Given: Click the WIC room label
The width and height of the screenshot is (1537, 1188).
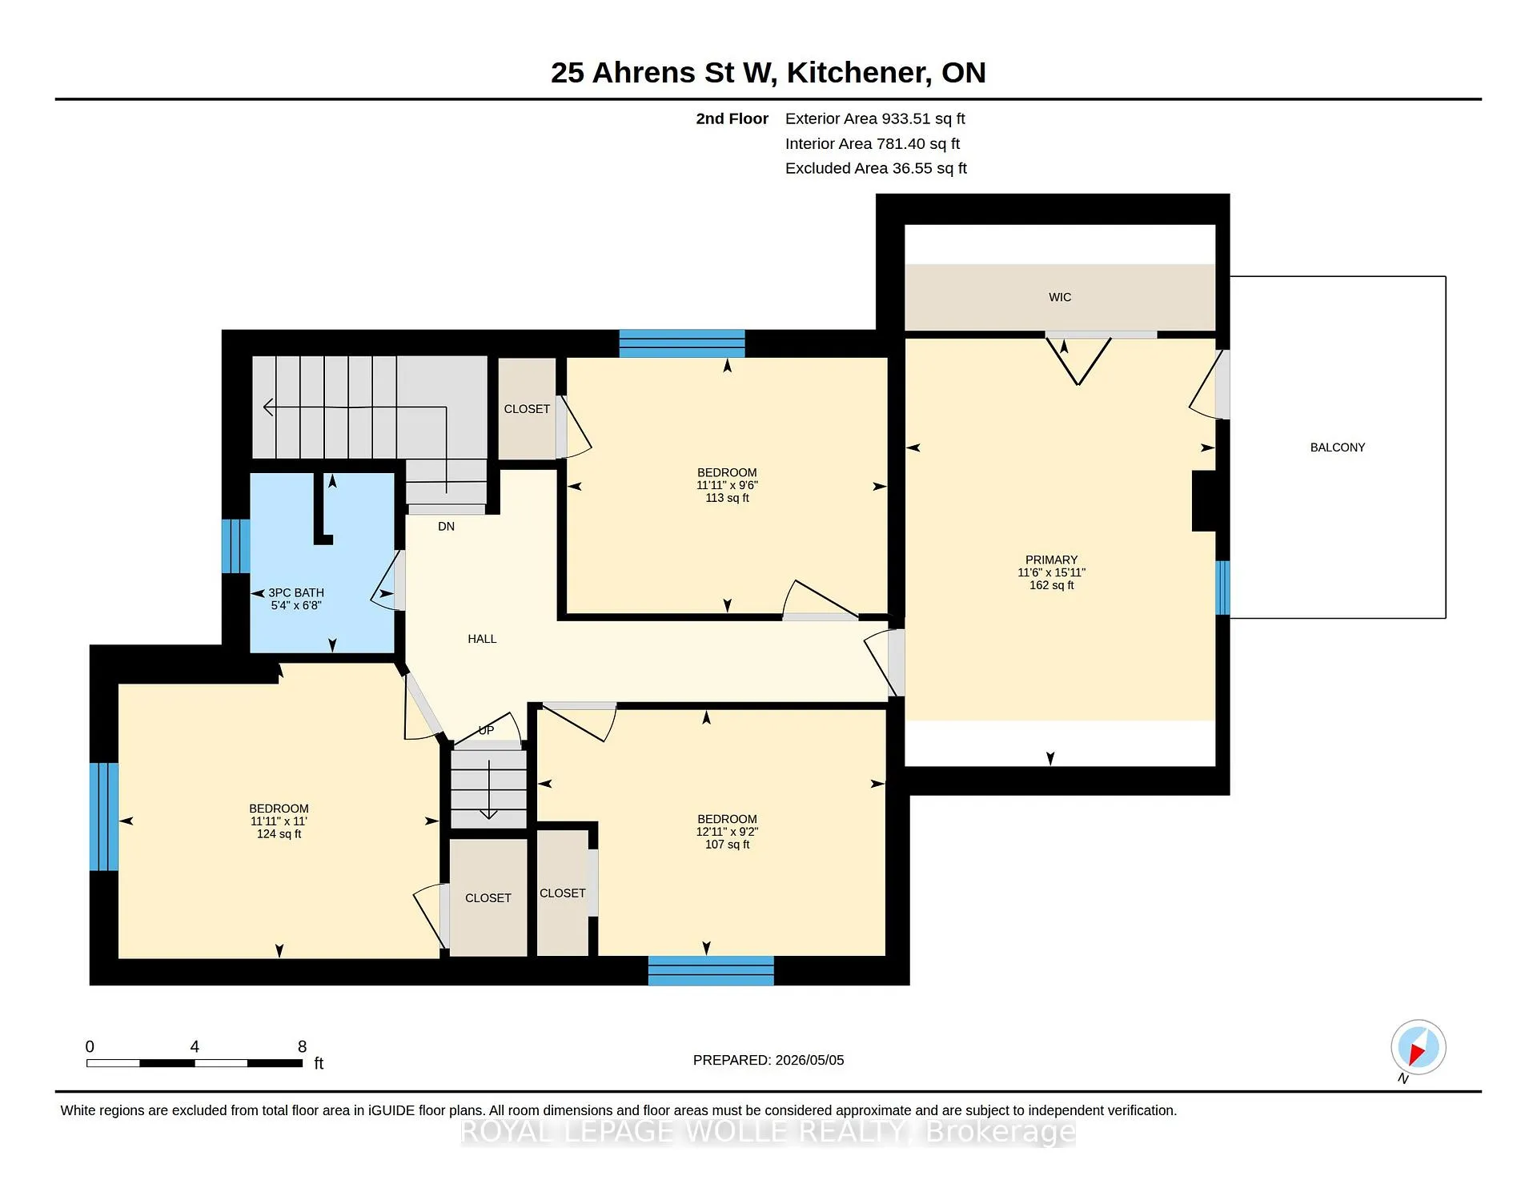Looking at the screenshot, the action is tap(1060, 297).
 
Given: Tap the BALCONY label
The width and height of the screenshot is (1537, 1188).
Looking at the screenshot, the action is tap(1338, 448).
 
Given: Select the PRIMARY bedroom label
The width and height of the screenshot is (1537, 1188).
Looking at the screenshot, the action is tap(1051, 560).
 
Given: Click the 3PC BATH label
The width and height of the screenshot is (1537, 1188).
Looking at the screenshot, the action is tap(296, 593).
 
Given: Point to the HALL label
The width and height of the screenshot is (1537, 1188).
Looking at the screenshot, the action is tap(482, 639).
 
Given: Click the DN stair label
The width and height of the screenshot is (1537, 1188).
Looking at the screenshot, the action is tap(446, 527).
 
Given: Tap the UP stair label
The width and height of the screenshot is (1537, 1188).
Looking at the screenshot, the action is tap(486, 730).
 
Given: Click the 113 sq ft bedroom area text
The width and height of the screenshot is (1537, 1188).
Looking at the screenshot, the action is tap(727, 498).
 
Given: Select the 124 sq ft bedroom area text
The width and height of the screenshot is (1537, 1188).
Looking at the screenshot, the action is tap(279, 834).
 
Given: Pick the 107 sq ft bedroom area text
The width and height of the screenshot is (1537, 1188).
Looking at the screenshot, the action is tap(727, 845).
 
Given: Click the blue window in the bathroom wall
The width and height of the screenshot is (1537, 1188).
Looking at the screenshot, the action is tap(235, 546).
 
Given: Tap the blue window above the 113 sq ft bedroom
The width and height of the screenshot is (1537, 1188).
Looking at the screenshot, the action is tap(682, 343).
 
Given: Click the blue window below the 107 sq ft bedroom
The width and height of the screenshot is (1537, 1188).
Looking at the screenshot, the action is tap(711, 970).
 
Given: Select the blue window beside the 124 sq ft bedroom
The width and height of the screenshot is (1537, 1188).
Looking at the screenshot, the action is tap(103, 817).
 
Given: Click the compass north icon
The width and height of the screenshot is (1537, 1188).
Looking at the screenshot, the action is tap(1418, 1048).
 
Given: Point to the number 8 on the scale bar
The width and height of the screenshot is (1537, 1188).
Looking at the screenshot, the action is tap(302, 1046).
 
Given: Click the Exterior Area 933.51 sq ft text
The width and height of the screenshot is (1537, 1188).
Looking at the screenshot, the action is tap(875, 118).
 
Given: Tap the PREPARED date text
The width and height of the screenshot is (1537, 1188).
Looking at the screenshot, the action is tap(768, 1060).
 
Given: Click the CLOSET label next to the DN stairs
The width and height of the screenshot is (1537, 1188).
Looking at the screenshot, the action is tap(527, 409).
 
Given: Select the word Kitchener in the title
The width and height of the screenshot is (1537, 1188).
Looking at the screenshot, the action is tap(859, 73).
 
